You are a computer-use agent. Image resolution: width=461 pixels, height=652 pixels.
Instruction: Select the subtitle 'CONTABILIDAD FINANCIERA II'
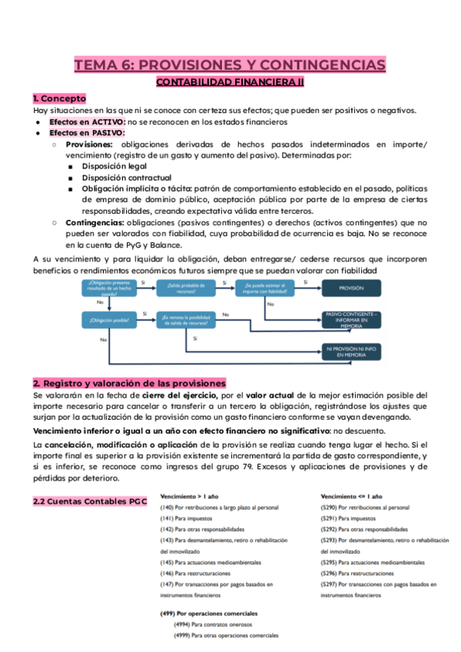point(230,81)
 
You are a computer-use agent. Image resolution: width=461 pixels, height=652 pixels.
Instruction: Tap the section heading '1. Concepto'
point(59,98)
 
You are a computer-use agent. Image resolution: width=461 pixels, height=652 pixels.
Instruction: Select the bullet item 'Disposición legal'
point(117,165)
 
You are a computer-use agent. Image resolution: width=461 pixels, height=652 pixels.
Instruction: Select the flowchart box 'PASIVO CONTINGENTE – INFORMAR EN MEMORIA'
point(352,320)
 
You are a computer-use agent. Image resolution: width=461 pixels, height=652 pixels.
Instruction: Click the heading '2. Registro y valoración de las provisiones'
point(129,383)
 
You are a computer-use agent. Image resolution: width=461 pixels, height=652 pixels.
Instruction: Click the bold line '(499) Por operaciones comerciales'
point(207,614)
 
